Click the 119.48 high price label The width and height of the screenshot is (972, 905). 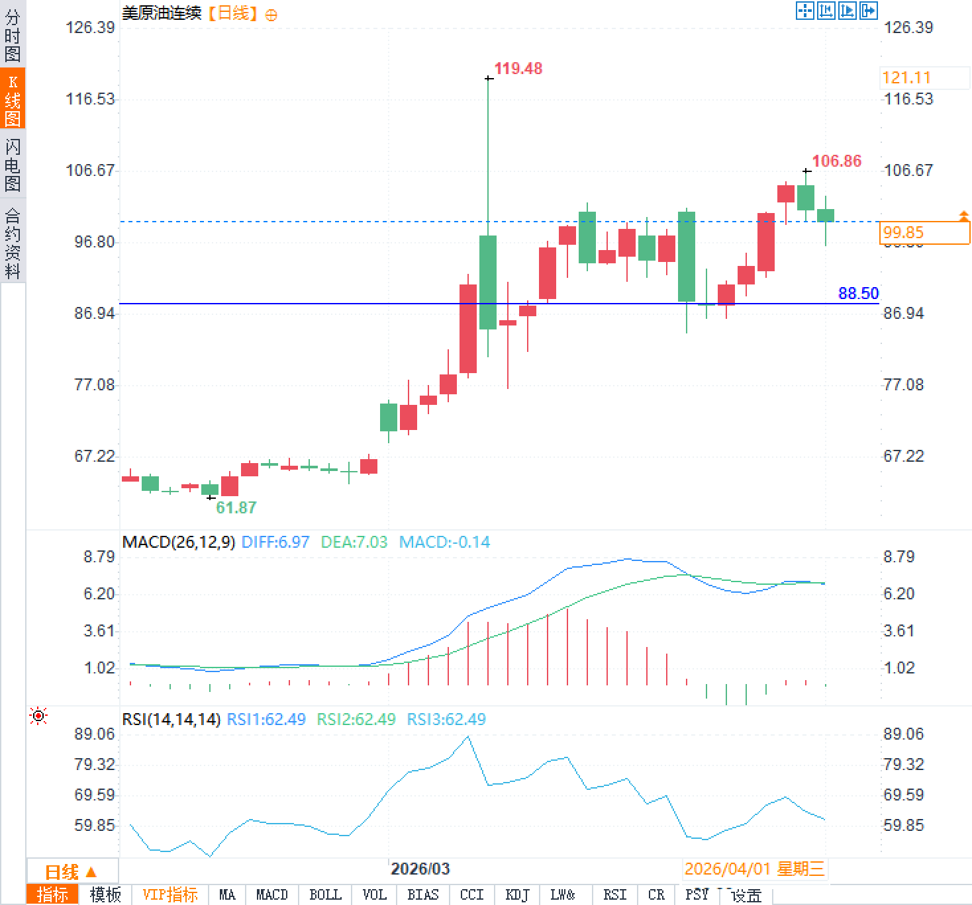pos(518,69)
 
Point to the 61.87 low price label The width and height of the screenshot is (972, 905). pos(236,507)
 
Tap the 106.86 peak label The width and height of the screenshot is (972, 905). pos(836,161)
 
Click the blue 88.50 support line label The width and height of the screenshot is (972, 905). pos(858,293)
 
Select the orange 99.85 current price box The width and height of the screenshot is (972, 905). pos(925,233)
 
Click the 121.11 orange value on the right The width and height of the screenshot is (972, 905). pos(906,78)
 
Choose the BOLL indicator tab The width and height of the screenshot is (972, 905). pos(325,894)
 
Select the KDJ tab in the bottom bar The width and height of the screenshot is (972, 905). pos(517,894)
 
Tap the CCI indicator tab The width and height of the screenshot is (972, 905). pos(471,894)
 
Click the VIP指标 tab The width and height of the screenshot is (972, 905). pos(170,894)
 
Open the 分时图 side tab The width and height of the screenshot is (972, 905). pos(13,36)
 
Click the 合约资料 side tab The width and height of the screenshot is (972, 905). pos(13,243)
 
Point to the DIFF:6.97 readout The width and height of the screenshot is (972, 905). pos(275,542)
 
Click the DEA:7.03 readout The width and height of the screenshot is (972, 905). pos(354,542)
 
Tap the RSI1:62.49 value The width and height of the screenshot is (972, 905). pos(266,719)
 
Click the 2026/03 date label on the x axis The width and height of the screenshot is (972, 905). pos(420,869)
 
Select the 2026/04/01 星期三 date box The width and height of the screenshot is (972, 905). pos(754,869)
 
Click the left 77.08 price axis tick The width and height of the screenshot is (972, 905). pos(95,385)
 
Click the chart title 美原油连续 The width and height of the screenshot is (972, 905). pos(162,13)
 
